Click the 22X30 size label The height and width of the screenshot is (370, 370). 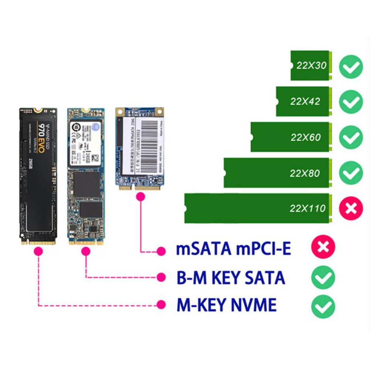(x=311, y=65)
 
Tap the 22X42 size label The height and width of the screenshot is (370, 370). (x=305, y=101)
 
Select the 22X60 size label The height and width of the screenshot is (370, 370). (x=305, y=137)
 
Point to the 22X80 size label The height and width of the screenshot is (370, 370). (x=305, y=173)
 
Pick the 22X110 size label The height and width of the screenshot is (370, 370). (x=307, y=209)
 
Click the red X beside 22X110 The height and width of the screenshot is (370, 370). (x=351, y=208)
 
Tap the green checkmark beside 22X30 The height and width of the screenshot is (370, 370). (x=351, y=67)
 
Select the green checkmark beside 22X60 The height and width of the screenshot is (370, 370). (x=351, y=137)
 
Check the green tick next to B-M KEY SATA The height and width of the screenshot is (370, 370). (x=323, y=278)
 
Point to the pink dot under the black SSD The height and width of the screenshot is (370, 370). (x=38, y=252)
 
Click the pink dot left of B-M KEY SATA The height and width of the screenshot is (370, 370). (x=161, y=277)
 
